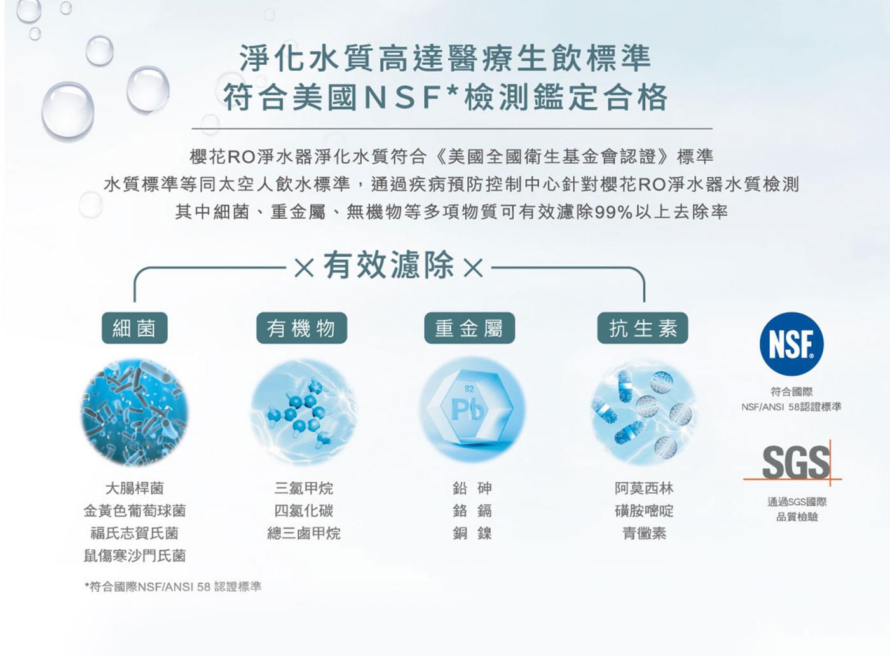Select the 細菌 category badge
click(135, 328)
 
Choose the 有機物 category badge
click(301, 328)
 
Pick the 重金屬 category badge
click(469, 328)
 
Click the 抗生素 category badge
click(643, 328)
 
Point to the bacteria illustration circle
click(135, 412)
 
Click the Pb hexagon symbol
click(470, 410)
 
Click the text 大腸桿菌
click(135, 488)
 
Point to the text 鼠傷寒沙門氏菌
click(135, 556)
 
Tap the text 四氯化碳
click(304, 510)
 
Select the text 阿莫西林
click(644, 488)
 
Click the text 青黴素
click(644, 533)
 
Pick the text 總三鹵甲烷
click(304, 533)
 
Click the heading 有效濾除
click(388, 265)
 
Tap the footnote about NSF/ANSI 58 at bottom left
click(173, 587)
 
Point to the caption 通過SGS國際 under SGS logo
click(797, 502)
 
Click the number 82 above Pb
click(469, 388)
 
